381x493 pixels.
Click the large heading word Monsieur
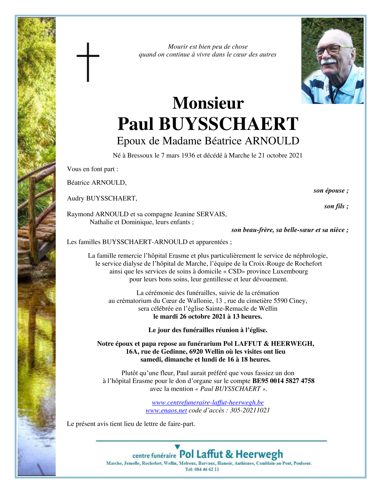coord(208,103)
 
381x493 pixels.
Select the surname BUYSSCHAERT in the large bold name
coord(228,124)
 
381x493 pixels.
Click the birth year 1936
coord(188,155)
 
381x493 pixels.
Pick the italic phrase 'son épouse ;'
coord(331,191)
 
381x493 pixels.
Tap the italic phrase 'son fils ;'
coord(336,206)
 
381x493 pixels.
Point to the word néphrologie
coord(310,256)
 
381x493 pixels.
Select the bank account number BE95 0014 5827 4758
coord(283,381)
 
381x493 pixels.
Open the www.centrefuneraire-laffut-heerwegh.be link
coord(208,403)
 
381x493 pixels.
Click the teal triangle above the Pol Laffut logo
coord(177,447)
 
